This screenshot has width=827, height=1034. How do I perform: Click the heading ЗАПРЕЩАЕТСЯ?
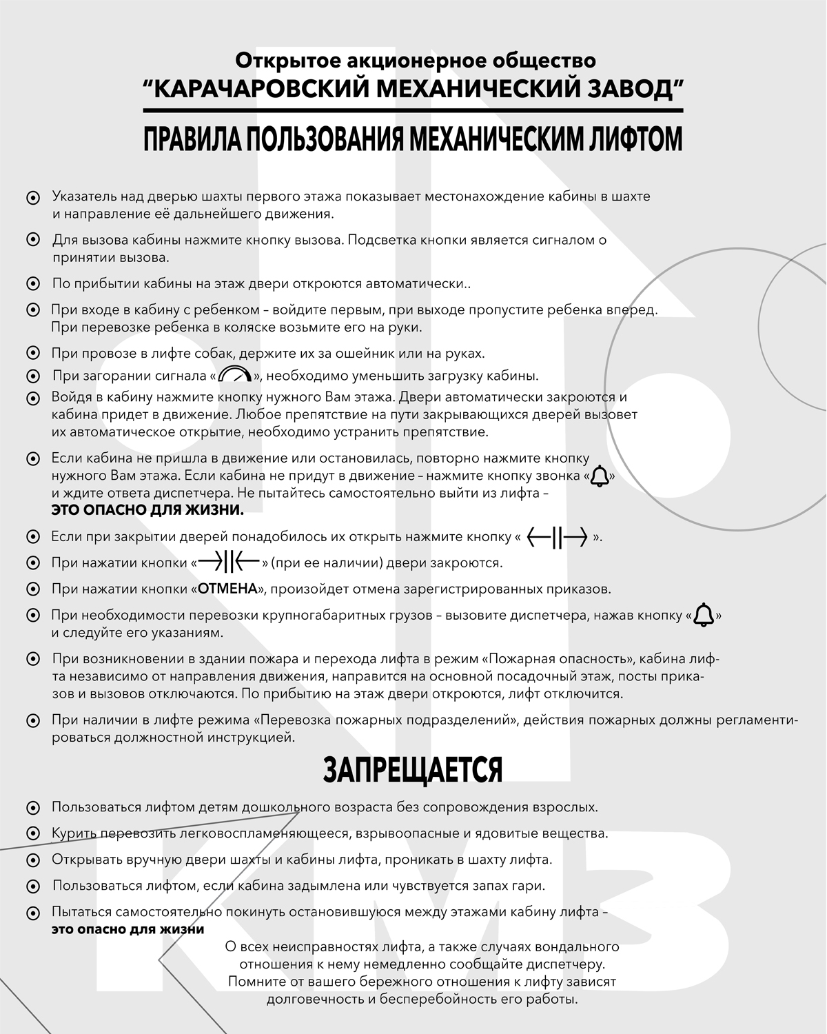click(x=413, y=770)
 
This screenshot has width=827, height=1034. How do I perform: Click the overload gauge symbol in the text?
click(x=235, y=375)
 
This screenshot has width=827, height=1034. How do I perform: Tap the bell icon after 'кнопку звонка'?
click(x=600, y=476)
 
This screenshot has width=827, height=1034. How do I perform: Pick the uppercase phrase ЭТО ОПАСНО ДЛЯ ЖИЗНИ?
click(x=147, y=511)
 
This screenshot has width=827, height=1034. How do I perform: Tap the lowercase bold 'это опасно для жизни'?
click(x=127, y=929)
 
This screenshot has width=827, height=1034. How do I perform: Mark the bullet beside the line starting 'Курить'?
click(x=32, y=834)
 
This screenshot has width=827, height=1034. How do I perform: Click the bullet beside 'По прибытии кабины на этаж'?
click(x=32, y=284)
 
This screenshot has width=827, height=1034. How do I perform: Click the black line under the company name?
click(x=413, y=110)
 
